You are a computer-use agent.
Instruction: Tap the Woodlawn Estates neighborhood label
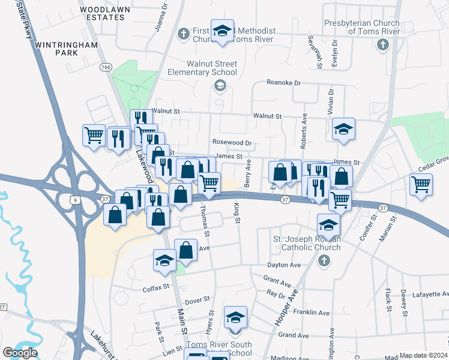click(101, 14)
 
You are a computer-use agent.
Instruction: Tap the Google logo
click(20, 353)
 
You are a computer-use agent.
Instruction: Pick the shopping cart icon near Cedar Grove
click(421, 184)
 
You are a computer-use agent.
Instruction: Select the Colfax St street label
click(158, 289)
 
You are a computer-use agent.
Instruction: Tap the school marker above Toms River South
click(235, 317)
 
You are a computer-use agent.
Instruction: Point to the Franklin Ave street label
click(311, 313)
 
